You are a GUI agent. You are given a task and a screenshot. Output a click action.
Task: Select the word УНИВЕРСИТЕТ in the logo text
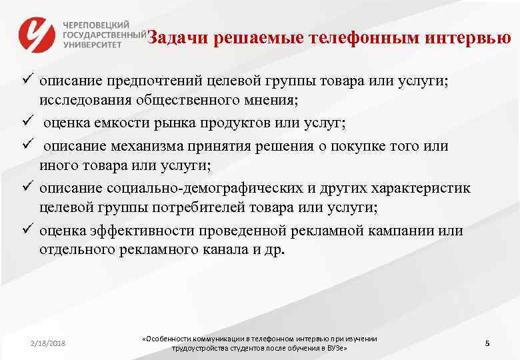pyautogui.click(x=92, y=44)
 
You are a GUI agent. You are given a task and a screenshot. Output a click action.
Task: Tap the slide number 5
pyautogui.click(x=487, y=343)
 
